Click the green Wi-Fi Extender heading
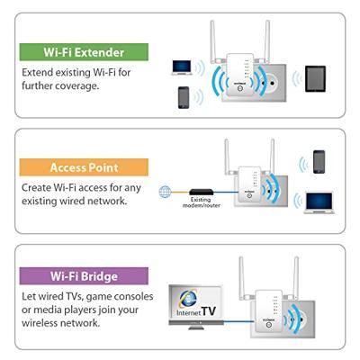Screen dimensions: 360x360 tap(85, 51)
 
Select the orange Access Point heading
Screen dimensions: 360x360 tap(85, 167)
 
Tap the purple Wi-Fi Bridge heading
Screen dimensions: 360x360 tap(85, 276)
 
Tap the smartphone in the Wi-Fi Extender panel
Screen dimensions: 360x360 tap(184, 96)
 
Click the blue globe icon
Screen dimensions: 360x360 tap(165, 191)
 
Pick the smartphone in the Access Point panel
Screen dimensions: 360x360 tap(319, 162)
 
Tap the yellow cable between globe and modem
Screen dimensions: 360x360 tap(179, 191)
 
